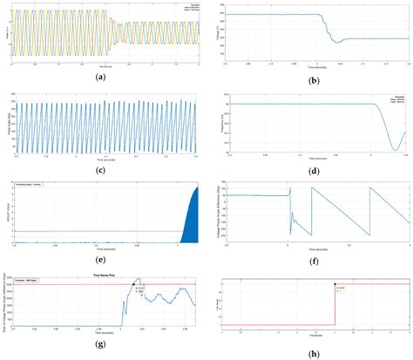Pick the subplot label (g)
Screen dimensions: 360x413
pos(104,347)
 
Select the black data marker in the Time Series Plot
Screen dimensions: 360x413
pos(133,284)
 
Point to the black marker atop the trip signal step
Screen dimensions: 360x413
pos(335,284)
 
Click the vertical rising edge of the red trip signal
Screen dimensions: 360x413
pos(335,305)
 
